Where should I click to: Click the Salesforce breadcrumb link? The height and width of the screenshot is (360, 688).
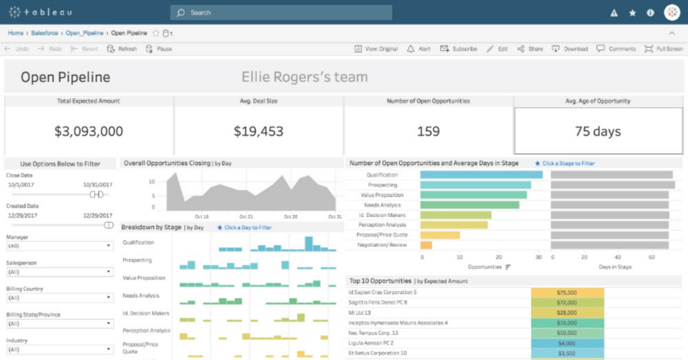(44, 33)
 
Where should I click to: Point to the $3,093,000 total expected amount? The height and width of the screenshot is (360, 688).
(89, 131)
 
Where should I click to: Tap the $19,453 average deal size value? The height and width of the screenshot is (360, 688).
(259, 131)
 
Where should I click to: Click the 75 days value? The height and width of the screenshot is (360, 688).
(597, 131)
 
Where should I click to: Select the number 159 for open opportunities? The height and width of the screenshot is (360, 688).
(428, 131)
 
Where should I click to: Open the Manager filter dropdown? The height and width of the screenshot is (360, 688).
(60, 246)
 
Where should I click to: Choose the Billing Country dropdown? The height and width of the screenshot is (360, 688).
(60, 298)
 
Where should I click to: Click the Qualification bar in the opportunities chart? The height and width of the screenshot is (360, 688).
(481, 175)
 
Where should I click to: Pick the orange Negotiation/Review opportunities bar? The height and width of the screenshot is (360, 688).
(426, 245)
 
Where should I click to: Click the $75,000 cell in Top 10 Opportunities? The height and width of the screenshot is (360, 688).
(568, 292)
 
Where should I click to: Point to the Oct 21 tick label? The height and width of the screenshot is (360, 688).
(247, 217)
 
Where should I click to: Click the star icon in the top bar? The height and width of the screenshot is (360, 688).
(632, 12)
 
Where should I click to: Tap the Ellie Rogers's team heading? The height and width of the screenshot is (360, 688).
(304, 77)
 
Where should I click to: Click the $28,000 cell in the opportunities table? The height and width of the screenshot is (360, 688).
(568, 312)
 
